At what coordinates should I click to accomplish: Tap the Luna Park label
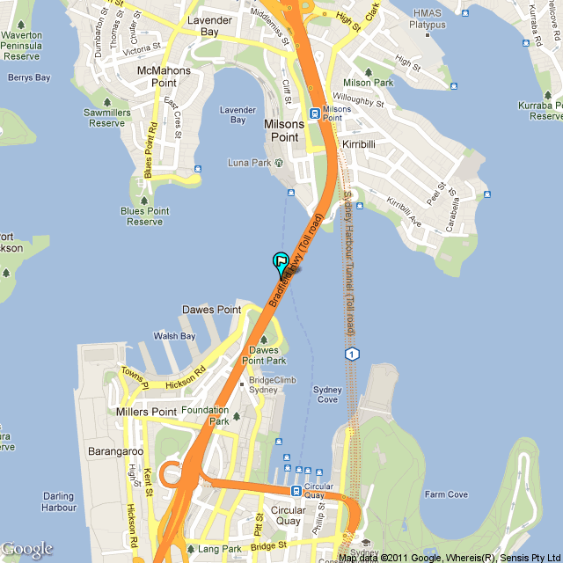coord(250,163)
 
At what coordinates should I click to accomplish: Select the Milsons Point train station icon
coord(313,113)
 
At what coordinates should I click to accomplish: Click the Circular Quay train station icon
coord(297,491)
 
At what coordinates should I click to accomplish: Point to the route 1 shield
coord(352,354)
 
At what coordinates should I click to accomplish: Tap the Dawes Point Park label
coord(264,355)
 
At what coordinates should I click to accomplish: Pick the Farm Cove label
coord(446,494)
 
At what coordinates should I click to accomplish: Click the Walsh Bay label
coord(174,336)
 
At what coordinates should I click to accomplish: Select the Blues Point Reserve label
coord(145,216)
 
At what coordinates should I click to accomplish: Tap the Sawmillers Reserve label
coord(107,118)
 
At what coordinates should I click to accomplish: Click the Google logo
coord(27,549)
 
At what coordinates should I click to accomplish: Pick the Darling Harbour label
coord(59,501)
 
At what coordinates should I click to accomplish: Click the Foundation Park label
coord(207,414)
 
